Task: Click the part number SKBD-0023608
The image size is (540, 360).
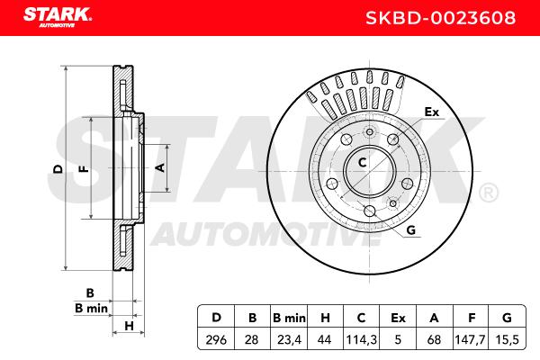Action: click(440, 18)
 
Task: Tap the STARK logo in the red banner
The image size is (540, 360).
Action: click(58, 17)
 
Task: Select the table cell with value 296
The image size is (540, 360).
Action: click(216, 340)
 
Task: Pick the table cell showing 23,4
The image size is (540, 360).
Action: click(289, 340)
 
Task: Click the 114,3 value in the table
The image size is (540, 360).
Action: click(361, 340)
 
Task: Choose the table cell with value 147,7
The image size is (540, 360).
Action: click(470, 340)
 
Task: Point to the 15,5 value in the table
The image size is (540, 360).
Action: click(507, 340)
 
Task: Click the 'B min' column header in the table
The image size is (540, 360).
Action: click(289, 318)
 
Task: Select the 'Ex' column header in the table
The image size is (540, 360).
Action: click(398, 318)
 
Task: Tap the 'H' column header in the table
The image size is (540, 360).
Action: click(325, 318)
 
